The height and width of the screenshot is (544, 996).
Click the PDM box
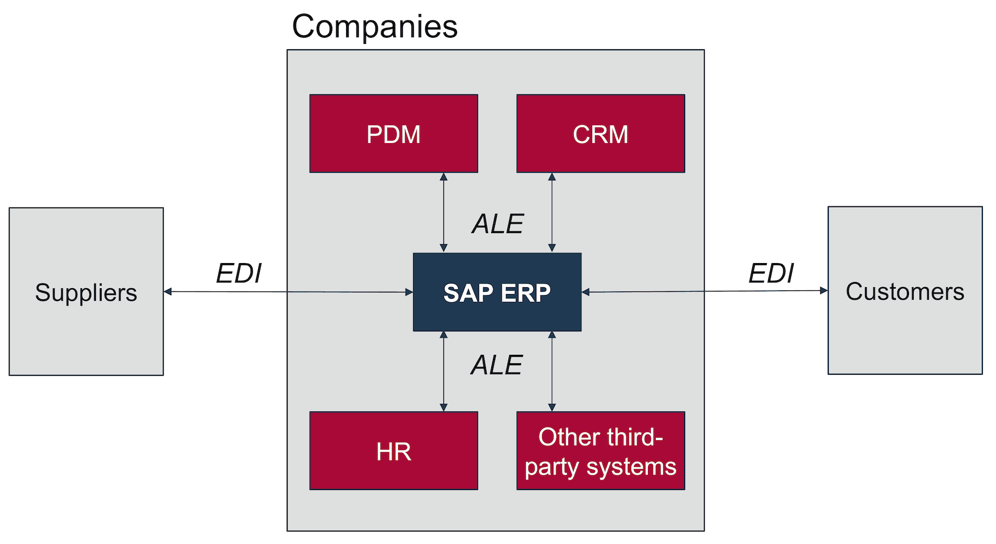pos(393,134)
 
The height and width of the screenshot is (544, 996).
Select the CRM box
pos(600,134)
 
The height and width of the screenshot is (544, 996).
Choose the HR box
pos(393,451)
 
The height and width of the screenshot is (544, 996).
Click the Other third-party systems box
pos(600,451)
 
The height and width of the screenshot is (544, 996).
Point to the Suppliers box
pos(86,291)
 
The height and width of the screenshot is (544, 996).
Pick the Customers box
pos(905,291)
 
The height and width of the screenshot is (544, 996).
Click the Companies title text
pos(374,26)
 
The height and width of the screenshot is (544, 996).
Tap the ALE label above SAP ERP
pos(497,224)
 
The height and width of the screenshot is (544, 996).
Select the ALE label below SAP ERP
pos(496,365)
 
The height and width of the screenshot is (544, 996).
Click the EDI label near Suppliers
pos(239,273)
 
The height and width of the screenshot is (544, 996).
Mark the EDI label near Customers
pos(771,273)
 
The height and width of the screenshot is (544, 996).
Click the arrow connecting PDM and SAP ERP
pos(443,212)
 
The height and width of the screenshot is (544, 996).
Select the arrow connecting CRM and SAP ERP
pos(551,212)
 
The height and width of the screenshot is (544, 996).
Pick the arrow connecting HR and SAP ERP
pos(443,371)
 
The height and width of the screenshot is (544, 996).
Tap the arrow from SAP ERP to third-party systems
pos(551,371)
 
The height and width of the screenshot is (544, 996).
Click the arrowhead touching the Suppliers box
pos(168,291)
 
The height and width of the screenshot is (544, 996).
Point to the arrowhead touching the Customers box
pos(824,290)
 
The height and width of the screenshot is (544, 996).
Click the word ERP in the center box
pos(525,293)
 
